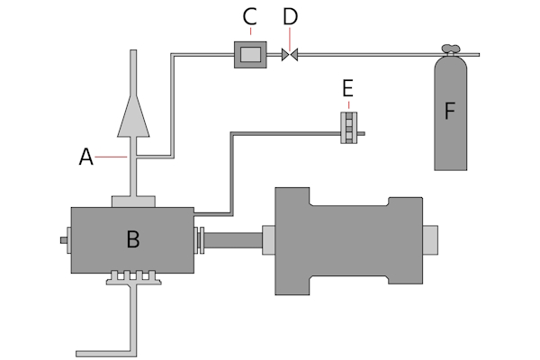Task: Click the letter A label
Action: point(85,157)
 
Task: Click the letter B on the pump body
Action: point(132,239)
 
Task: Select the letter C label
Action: point(250,16)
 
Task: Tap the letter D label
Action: point(289,16)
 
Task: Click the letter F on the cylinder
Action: point(451,112)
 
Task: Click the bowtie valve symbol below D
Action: point(289,55)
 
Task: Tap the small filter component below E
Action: point(346,127)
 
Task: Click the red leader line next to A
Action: point(110,157)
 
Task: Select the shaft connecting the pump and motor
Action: point(236,240)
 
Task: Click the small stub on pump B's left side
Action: point(65,240)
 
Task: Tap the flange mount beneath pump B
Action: point(133,279)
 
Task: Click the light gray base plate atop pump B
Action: point(133,200)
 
